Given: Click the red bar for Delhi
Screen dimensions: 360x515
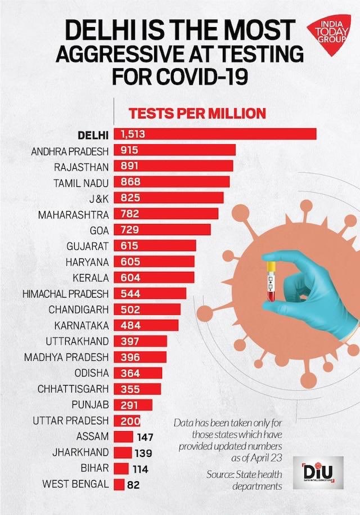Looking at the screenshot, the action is [x=215, y=134].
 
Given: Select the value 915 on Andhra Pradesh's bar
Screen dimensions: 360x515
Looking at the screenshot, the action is [x=129, y=150].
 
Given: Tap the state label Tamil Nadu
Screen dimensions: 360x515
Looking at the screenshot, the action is [x=81, y=182].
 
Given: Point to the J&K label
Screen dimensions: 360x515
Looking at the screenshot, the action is [x=99, y=198].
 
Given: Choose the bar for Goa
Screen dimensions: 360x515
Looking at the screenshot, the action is [x=163, y=230].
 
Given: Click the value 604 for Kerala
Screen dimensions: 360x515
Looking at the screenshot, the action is [x=130, y=277].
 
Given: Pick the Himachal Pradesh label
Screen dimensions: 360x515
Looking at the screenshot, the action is [x=66, y=294].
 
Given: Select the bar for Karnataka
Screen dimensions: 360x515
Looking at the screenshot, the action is [x=146, y=325].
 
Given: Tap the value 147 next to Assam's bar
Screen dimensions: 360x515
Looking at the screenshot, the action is [x=145, y=437].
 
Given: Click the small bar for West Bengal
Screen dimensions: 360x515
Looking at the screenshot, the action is [x=119, y=485].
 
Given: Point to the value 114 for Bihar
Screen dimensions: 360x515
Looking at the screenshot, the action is [x=141, y=469].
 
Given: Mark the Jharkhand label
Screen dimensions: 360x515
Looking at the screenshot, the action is [x=80, y=453].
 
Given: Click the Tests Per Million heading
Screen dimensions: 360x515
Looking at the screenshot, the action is [x=197, y=113].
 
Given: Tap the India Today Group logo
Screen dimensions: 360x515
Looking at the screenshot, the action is [x=329, y=34].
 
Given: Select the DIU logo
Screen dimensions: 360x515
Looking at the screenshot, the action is [x=318, y=473].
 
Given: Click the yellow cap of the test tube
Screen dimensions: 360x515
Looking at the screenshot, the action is [x=271, y=265].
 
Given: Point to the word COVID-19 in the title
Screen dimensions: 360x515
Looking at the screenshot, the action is [x=202, y=76].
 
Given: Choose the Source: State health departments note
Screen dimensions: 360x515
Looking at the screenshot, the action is [x=244, y=480].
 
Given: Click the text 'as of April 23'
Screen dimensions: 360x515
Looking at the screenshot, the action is [x=256, y=458].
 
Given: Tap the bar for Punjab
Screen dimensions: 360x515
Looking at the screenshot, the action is [x=133, y=405].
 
